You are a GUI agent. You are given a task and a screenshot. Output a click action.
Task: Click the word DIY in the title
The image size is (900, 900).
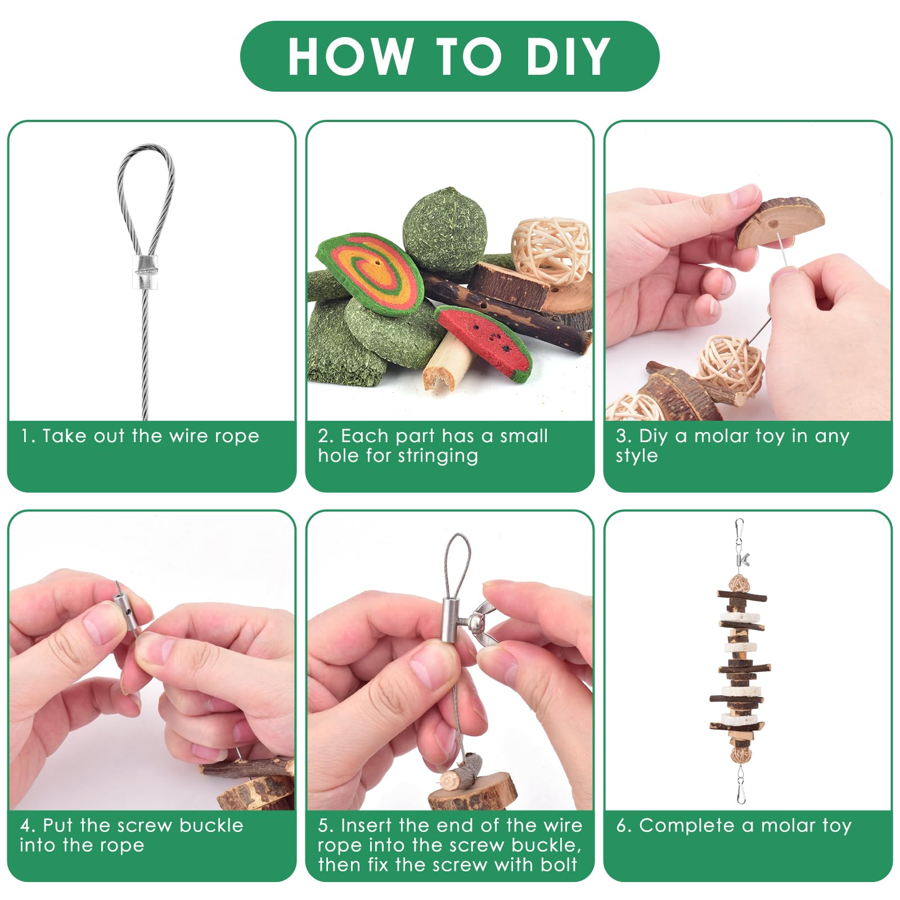568,56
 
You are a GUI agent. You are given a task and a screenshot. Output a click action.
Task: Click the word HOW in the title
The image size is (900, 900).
350,56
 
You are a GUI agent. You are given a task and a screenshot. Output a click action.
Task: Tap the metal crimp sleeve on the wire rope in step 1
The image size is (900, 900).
145,272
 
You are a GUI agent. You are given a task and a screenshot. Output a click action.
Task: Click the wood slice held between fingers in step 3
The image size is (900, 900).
780,222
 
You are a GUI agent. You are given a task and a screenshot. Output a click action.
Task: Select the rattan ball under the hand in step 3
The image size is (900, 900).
730,368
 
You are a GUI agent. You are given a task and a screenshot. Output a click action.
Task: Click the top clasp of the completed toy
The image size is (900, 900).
739,535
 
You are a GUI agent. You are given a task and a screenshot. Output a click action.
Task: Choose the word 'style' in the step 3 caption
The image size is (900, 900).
637,456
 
